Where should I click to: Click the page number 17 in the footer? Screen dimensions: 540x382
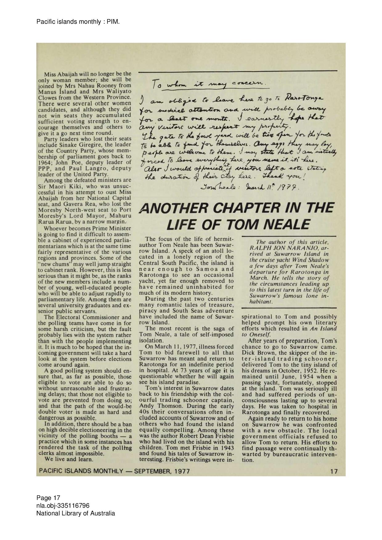(x=334, y=471)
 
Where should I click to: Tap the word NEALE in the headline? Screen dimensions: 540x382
(x=286, y=224)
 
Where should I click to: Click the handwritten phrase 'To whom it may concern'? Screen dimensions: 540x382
(x=210, y=84)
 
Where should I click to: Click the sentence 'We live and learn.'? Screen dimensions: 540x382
(x=68, y=459)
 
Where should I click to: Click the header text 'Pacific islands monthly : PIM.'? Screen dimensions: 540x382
(x=78, y=22)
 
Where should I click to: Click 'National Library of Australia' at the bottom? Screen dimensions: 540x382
(x=75, y=513)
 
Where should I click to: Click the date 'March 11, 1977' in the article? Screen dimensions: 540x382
(x=160, y=347)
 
